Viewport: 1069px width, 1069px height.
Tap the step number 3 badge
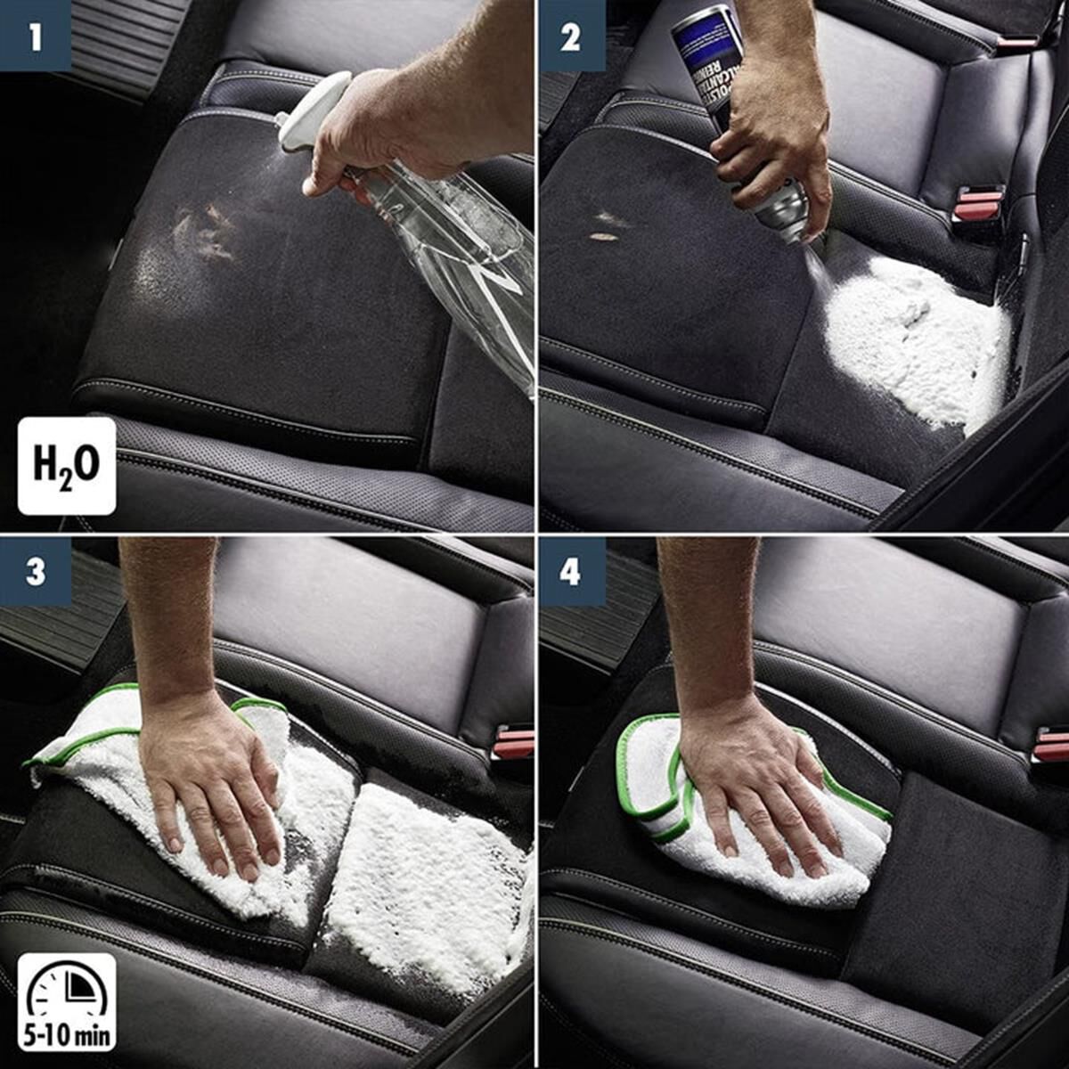click(x=35, y=571)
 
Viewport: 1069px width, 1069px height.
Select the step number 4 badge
click(x=570, y=571)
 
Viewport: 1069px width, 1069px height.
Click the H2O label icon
click(x=67, y=466)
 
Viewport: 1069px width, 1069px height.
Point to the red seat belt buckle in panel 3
click(x=512, y=743)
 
